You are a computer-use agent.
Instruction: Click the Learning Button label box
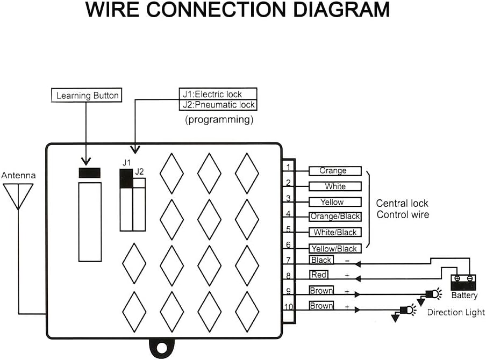[88, 96]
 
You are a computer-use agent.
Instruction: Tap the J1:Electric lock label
[218, 94]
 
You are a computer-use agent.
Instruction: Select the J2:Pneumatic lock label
[218, 105]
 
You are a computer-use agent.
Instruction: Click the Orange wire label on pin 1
[334, 171]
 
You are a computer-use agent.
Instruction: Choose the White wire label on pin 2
[334, 186]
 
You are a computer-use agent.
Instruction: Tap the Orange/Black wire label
[334, 217]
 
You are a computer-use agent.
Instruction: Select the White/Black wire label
[334, 232]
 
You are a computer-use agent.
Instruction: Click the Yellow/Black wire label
[334, 248]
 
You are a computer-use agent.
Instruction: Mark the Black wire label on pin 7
[321, 260]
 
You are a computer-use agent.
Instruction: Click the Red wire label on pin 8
[318, 275]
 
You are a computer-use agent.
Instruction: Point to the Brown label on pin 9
[321, 291]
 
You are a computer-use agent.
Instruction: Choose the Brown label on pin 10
[321, 306]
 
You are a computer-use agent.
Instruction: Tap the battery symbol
[463, 282]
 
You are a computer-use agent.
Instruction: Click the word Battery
[464, 296]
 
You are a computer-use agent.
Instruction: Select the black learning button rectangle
[89, 173]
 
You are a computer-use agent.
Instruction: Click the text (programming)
[219, 120]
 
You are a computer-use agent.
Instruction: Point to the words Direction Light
[456, 312]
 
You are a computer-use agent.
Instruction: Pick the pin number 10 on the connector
[288, 307]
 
